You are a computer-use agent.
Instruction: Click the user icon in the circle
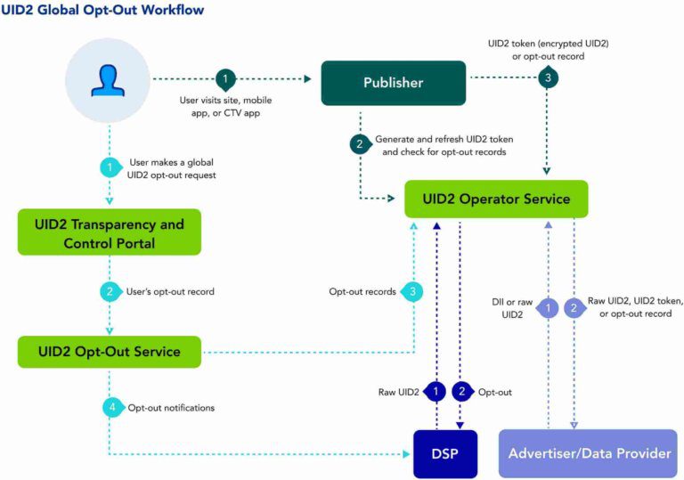[109, 81]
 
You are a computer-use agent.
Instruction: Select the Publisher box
[393, 83]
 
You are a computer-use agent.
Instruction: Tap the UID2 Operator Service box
[496, 199]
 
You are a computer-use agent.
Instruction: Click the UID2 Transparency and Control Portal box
[110, 232]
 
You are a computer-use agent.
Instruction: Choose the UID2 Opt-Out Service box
[110, 351]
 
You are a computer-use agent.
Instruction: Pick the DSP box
[446, 453]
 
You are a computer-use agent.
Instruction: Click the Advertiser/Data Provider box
[589, 453]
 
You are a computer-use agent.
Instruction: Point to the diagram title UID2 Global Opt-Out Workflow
[102, 11]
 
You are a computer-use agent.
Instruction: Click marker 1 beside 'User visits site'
[226, 78]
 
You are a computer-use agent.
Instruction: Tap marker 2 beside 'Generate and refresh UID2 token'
[360, 144]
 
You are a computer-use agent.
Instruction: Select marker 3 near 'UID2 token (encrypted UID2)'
[547, 78]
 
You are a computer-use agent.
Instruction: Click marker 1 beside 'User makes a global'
[110, 167]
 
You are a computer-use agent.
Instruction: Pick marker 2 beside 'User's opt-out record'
[110, 291]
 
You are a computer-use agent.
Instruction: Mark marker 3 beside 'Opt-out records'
[411, 291]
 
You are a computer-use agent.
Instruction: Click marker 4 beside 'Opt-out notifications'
[110, 407]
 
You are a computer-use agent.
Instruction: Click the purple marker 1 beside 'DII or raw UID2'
[549, 308]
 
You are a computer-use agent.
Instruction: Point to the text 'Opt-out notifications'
[171, 407]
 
